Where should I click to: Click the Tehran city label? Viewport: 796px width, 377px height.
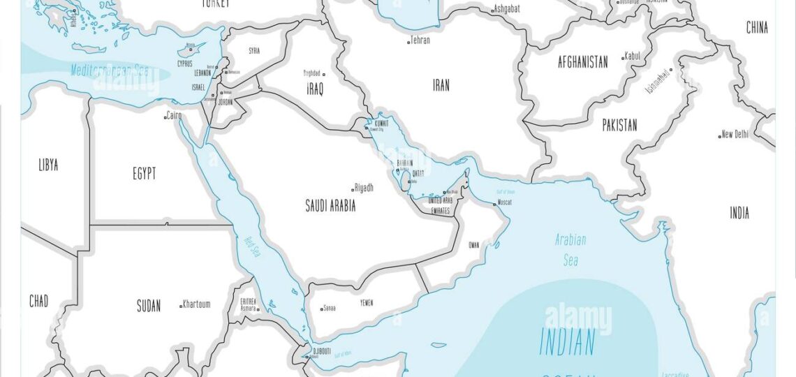pos(420,40)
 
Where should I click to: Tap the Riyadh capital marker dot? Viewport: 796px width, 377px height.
pos(353,189)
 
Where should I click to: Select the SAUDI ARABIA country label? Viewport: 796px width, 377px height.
pos(330,206)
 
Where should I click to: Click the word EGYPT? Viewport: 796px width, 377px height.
pos(145,174)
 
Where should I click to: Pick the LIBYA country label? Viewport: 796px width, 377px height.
pos(48,165)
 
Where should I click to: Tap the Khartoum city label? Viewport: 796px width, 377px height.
pos(196,304)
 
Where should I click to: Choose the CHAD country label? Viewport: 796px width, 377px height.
pos(38,302)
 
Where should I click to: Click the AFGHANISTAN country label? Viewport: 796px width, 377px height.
pos(582,62)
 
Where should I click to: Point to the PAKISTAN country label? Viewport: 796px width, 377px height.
pos(619,126)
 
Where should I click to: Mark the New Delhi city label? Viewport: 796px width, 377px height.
pos(735,134)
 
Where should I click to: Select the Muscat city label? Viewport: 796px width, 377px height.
pos(504,202)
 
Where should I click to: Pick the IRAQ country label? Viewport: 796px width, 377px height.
pos(315,89)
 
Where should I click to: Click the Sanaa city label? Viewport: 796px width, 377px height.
pos(329,308)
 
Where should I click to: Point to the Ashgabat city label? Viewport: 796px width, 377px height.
pos(507,9)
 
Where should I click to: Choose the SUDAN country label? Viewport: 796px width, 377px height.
pos(148,306)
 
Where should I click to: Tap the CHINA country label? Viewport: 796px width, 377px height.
pos(757,28)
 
